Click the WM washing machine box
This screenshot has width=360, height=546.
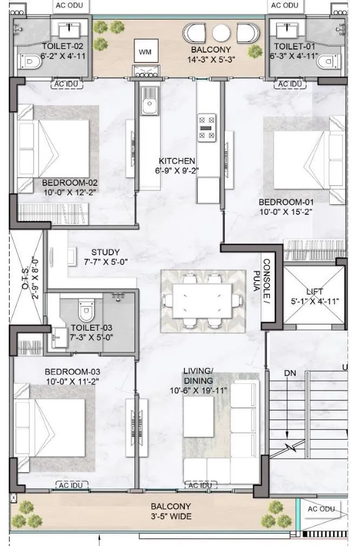pos(145,52)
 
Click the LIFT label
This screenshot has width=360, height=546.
pos(314,291)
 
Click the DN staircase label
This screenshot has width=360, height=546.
pos(290,373)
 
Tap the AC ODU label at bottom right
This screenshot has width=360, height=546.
pos(322,509)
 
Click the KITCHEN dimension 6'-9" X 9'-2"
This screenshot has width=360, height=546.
pos(177,171)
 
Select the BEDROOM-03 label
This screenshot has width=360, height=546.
pos(72,372)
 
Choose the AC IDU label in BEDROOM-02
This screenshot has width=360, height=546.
pos(66,84)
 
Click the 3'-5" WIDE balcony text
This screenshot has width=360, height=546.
pos(171,516)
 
